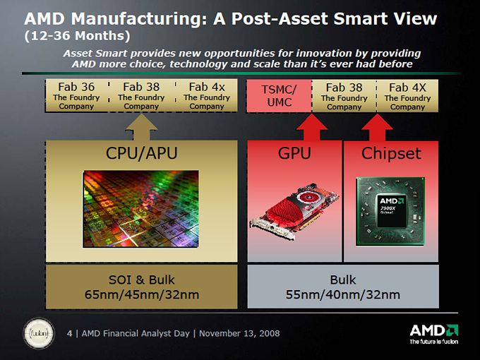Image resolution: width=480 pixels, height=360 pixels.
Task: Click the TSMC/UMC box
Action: (x=280, y=96)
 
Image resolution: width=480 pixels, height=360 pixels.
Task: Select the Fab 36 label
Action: (x=76, y=87)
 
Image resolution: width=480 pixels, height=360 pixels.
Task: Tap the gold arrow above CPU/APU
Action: (x=141, y=127)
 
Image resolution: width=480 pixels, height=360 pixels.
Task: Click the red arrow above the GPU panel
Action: (x=311, y=127)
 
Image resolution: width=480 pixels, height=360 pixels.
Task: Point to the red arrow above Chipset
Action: (x=377, y=127)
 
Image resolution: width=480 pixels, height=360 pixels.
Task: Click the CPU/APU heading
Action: (x=141, y=153)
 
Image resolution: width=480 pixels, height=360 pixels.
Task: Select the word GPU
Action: (x=294, y=153)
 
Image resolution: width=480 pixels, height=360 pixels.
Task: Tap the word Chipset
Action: (x=391, y=154)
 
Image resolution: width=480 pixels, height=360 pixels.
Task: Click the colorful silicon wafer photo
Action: (x=140, y=209)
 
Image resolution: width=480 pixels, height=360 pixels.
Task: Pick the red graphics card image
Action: (x=294, y=211)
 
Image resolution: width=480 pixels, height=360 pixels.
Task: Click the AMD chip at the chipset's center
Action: (x=392, y=210)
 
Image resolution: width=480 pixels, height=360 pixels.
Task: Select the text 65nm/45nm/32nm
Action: (x=142, y=295)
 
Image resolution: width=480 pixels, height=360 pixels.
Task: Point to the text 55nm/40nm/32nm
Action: (x=343, y=295)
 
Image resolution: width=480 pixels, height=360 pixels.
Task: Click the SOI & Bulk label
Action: (x=141, y=280)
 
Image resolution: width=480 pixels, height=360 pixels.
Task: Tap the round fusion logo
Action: (x=39, y=333)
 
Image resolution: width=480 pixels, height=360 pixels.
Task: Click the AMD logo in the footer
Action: (x=434, y=334)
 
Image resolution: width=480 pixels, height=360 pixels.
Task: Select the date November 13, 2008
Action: (x=239, y=333)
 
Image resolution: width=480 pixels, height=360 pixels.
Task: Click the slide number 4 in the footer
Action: (x=69, y=333)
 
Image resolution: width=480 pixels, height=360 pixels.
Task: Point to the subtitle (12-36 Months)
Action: (x=77, y=36)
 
